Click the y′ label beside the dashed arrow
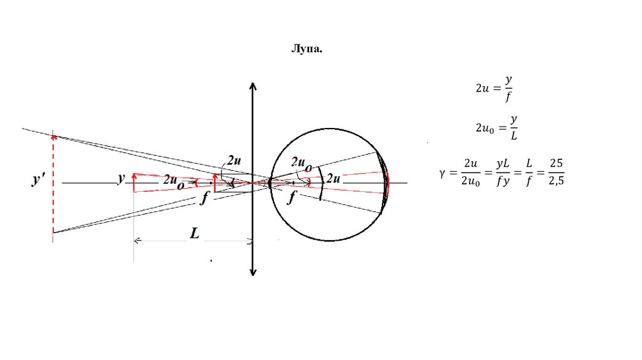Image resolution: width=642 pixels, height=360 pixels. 38,181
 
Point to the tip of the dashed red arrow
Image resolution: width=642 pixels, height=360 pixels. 53,134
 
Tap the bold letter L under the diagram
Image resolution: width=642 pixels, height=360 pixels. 195,233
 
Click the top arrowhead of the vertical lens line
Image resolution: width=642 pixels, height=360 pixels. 252,85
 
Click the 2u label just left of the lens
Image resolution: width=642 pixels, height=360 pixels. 233,161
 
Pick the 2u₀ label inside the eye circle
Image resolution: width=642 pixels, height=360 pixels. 300,163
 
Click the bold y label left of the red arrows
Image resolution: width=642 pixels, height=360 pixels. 121,179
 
